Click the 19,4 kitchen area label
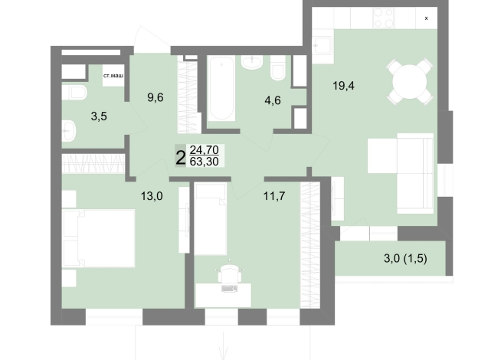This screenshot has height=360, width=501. (x=343, y=86)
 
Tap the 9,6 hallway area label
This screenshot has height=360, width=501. (x=156, y=97)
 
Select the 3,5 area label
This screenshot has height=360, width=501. (x=99, y=116)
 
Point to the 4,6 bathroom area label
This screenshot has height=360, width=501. (x=273, y=100)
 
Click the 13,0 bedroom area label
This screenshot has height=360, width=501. (x=152, y=196)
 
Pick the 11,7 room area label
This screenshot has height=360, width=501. (x=274, y=196)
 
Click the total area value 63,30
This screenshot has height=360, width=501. (x=205, y=162)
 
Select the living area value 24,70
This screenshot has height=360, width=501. (x=205, y=149)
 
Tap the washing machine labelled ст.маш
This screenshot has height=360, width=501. (x=113, y=76)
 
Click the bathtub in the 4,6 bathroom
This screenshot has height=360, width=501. (x=221, y=89)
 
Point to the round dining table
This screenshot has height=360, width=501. (x=409, y=81)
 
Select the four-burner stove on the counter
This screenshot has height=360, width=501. (x=384, y=18)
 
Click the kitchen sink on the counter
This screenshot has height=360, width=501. (x=323, y=45)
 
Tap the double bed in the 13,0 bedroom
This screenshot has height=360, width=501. (x=98, y=238)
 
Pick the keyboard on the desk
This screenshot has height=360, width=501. (x=229, y=289)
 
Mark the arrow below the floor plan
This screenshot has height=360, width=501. (x=223, y=345)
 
